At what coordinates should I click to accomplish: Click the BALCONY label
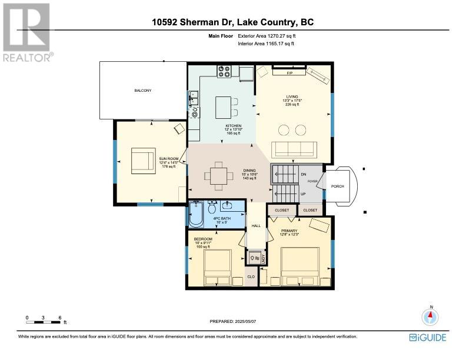click(142, 90)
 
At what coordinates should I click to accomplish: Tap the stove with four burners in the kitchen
click(224, 72)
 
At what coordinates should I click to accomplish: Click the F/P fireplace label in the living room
click(289, 73)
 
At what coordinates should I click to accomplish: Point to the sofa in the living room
click(292, 148)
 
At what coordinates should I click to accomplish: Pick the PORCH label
click(338, 186)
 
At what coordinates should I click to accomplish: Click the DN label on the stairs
click(302, 174)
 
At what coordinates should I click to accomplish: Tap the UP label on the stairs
click(302, 194)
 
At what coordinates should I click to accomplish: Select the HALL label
click(256, 226)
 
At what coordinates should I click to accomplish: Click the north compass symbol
click(431, 316)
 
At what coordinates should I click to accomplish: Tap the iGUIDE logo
click(428, 337)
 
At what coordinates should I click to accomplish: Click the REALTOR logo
click(27, 31)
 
